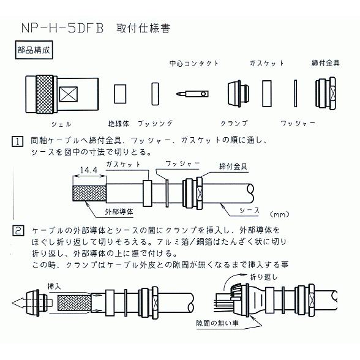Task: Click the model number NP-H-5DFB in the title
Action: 61,28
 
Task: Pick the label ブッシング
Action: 154,124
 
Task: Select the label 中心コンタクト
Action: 193,64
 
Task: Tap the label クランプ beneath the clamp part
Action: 235,124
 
